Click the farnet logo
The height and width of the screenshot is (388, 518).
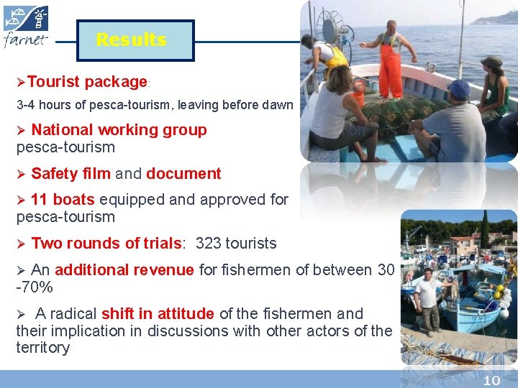click(27, 27)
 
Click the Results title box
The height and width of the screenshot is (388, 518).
click(131, 40)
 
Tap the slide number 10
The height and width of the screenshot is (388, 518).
click(491, 380)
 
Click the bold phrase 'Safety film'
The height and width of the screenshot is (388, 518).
click(71, 173)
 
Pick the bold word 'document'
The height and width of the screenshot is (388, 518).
click(183, 173)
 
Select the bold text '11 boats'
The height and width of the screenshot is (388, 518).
click(63, 199)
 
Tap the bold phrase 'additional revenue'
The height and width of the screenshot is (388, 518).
click(124, 270)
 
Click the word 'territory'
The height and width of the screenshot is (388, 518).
click(43, 348)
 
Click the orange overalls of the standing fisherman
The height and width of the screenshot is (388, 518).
click(390, 68)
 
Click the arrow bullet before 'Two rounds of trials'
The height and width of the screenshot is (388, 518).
click(21, 244)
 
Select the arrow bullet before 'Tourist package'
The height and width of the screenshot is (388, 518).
click(21, 82)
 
